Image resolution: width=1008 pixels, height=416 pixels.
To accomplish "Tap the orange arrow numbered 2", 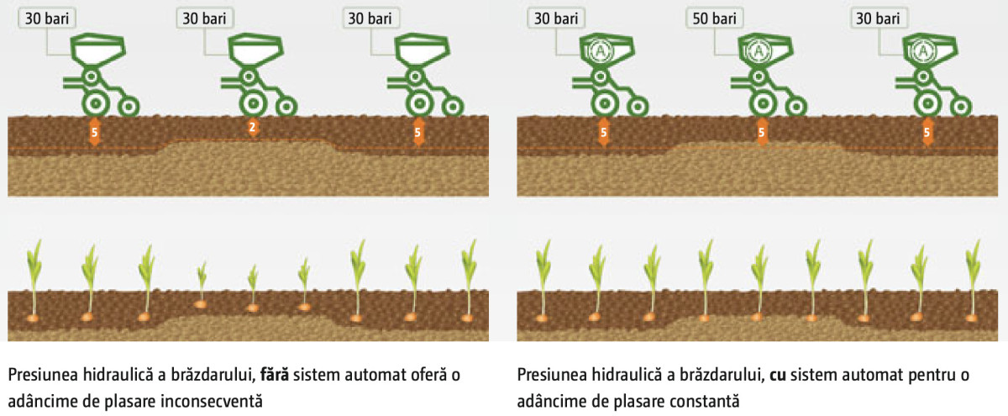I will [x=252, y=128].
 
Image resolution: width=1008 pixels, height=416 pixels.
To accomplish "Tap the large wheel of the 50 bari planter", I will [x=763, y=103].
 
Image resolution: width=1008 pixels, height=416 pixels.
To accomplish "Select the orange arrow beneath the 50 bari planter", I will [x=763, y=132].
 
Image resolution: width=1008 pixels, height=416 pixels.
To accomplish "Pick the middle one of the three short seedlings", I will [x=253, y=278].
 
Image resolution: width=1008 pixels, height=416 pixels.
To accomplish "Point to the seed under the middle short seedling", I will [x=253, y=308].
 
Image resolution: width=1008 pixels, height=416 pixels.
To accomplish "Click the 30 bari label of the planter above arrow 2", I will [x=205, y=17].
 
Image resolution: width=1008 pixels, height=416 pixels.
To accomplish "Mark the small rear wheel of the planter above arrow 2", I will [x=287, y=107].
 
